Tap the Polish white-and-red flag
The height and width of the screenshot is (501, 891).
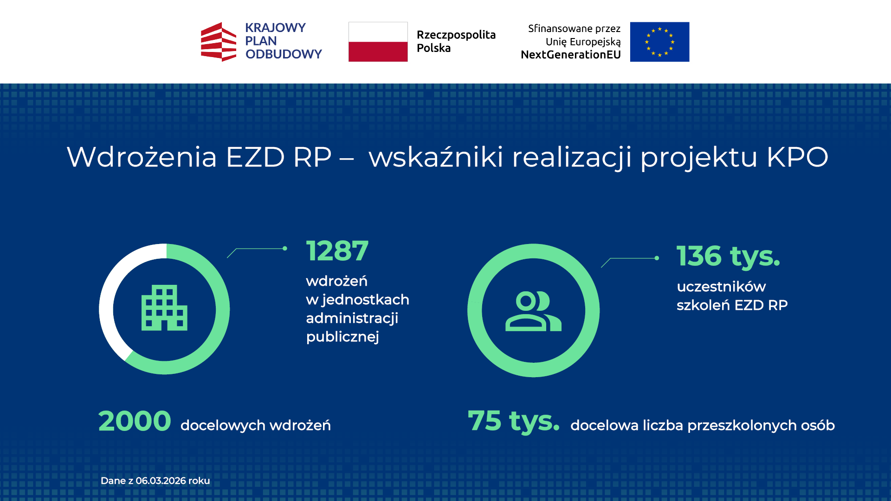point(378,42)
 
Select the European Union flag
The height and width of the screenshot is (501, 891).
point(659,42)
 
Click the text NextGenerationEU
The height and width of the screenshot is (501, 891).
point(570,55)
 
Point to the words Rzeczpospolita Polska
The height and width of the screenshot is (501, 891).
point(456,41)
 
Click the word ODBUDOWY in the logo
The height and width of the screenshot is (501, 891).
point(284,54)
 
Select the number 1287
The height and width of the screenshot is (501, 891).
point(337,251)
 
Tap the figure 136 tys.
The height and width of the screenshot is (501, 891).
point(728,256)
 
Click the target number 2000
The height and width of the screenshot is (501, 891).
point(135,421)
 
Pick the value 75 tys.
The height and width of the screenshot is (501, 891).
point(513,421)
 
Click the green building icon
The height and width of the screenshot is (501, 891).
point(164,308)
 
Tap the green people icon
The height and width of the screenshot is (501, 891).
point(533,311)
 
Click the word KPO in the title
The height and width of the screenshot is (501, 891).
point(797,157)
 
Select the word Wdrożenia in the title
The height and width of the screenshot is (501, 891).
point(142,157)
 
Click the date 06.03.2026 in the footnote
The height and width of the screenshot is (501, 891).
point(161,481)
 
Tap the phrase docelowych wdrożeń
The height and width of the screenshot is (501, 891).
point(256,425)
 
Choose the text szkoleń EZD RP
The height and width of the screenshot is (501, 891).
point(732,305)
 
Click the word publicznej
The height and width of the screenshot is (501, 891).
point(342,337)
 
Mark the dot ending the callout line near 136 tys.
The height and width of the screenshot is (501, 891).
point(657,258)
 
